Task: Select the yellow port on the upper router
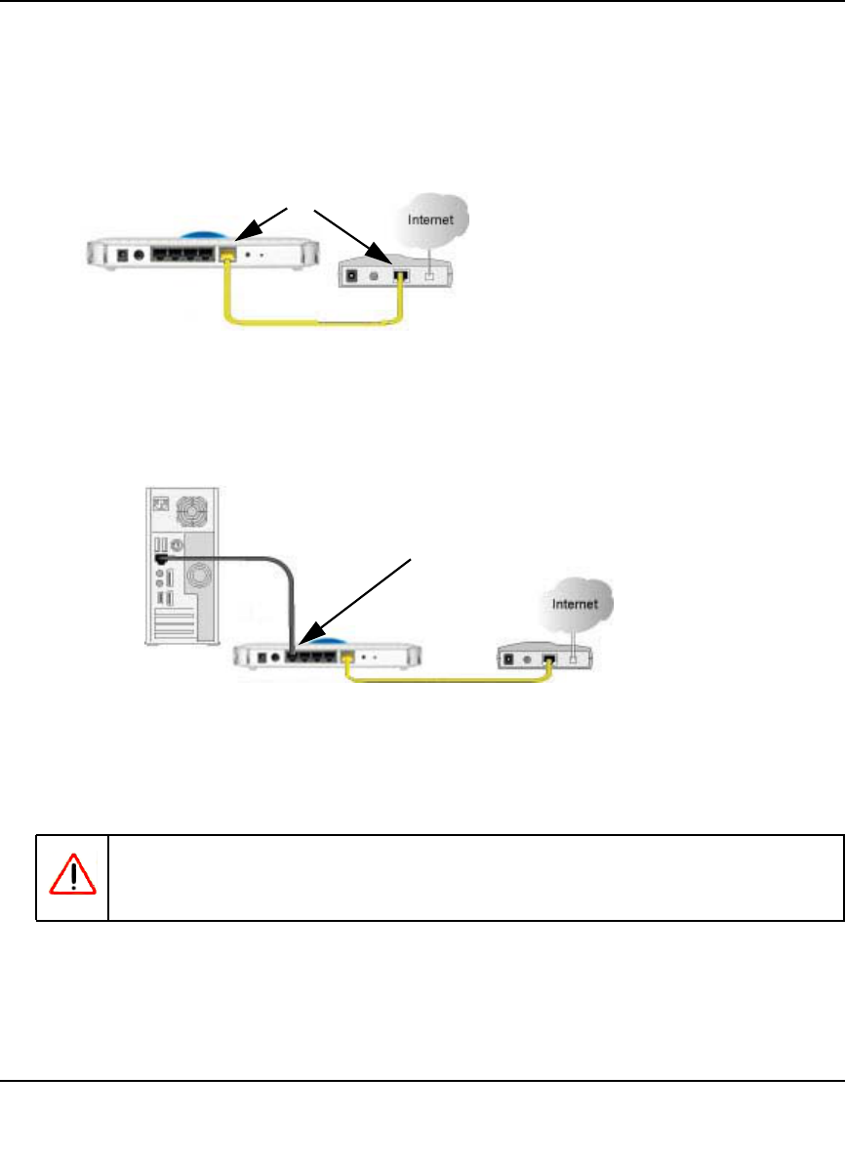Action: click(228, 255)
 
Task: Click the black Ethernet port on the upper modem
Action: click(399, 275)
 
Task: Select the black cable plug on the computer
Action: click(160, 559)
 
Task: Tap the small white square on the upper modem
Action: click(428, 275)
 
